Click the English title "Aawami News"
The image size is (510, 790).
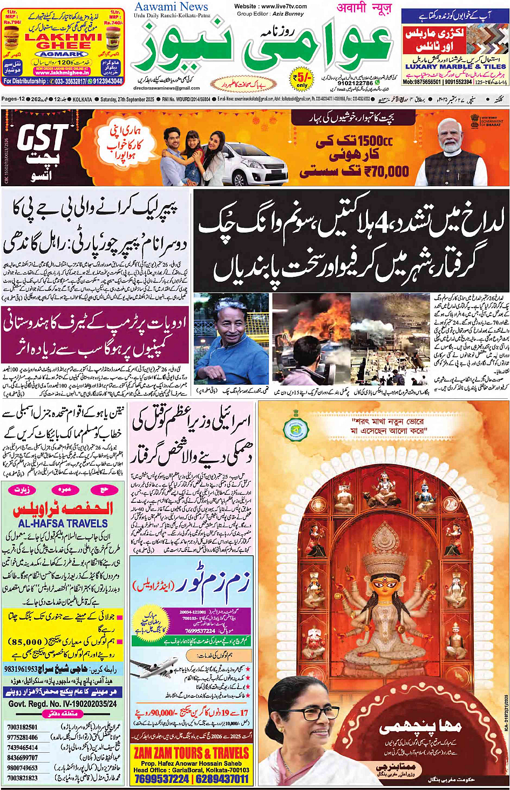tap(171, 7)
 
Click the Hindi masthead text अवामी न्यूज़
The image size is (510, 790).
tap(364, 8)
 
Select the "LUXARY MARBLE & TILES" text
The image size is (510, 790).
tap(455, 66)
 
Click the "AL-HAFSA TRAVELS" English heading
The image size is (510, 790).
tap(63, 523)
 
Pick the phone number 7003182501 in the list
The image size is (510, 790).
tap(23, 727)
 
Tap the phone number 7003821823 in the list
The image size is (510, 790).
tap(23, 778)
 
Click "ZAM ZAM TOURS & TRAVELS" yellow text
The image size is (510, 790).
tap(192, 753)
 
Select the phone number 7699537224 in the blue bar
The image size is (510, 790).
tap(161, 779)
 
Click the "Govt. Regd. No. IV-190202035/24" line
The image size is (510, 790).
tap(63, 704)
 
